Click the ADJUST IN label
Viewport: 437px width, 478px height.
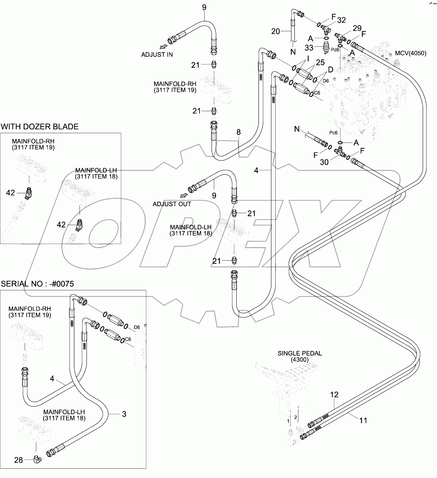[157, 54]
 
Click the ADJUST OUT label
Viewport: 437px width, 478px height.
[172, 204]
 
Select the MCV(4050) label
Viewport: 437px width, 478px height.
[411, 53]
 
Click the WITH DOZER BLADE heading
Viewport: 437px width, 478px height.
[40, 127]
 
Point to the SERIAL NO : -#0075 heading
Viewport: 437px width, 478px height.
[37, 284]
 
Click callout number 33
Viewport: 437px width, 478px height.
[308, 47]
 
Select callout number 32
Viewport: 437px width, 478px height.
[341, 20]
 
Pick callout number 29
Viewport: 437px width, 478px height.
[357, 28]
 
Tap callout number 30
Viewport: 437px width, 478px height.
[324, 162]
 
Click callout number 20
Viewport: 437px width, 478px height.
[275, 31]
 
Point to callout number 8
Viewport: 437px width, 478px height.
[239, 132]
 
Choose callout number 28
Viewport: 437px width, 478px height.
[19, 459]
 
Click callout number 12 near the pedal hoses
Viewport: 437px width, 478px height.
[334, 395]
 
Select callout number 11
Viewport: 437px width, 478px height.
[363, 420]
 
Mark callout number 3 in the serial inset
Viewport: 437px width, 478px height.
[124, 414]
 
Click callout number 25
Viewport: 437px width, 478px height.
[320, 62]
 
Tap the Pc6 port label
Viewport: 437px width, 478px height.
[334, 133]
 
